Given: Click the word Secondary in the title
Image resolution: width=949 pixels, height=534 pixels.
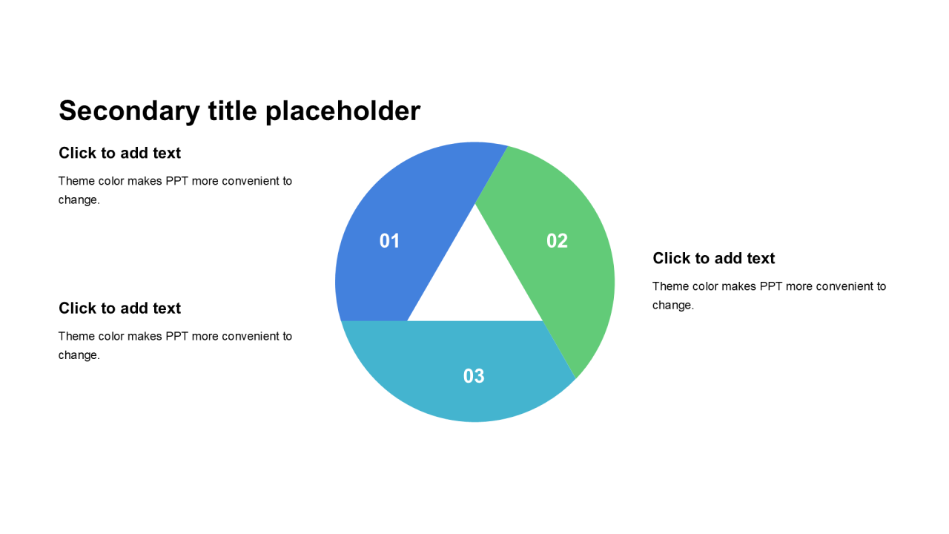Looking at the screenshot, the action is [129, 111].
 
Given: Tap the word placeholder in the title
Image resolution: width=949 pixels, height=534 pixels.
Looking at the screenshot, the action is [343, 111].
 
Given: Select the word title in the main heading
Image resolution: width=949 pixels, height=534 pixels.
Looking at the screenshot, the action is [233, 111].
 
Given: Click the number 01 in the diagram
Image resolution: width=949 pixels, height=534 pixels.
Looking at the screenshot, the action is [389, 241].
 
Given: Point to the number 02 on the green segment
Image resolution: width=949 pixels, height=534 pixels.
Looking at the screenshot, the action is [557, 241].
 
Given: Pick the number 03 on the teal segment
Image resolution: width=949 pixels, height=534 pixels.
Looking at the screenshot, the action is [474, 376].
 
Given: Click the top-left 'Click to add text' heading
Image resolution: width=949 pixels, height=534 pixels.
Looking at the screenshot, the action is [119, 153].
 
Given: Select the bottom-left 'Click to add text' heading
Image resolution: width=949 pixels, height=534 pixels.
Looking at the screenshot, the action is [119, 308].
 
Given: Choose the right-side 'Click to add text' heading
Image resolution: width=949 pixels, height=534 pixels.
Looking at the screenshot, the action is [713, 258].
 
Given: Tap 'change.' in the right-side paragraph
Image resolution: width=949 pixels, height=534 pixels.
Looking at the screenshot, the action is [672, 305].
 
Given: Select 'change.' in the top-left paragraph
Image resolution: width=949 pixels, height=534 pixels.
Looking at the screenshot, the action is [79, 200].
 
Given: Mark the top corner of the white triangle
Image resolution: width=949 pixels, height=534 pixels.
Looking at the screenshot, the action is [475, 204].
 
